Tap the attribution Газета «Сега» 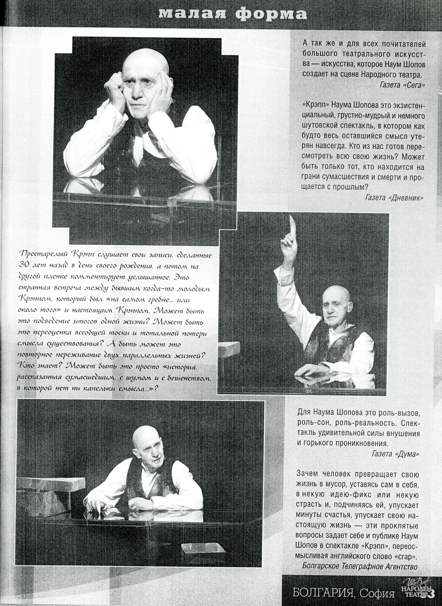402,85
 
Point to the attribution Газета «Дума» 395,453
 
